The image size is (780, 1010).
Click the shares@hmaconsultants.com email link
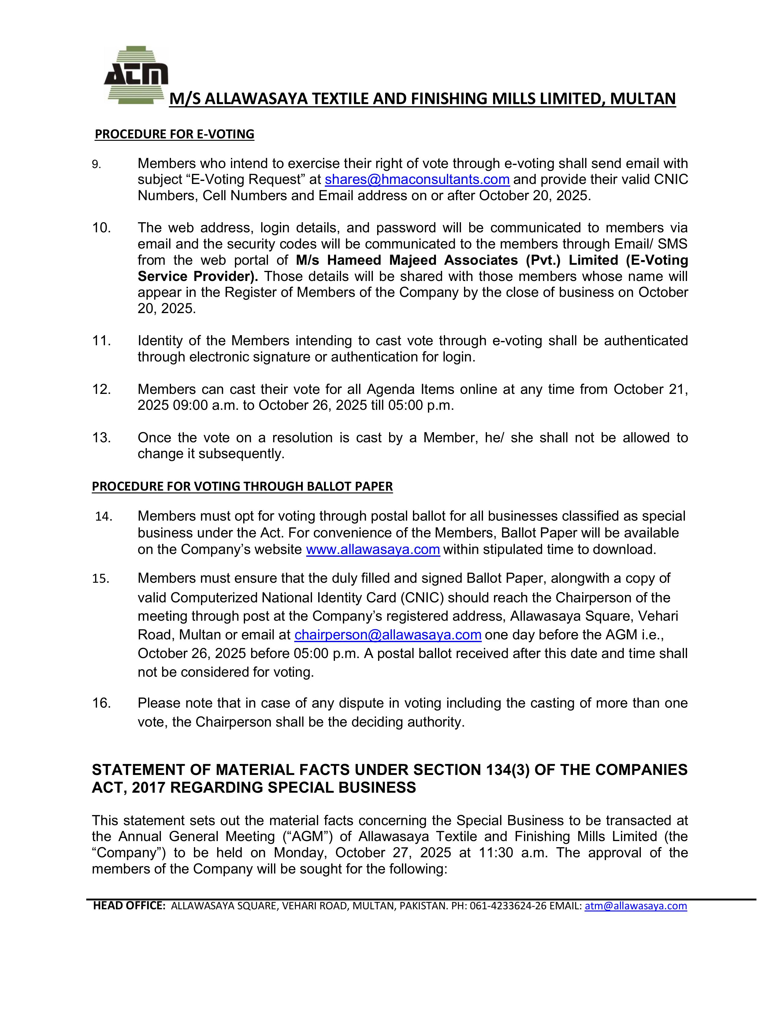(417, 179)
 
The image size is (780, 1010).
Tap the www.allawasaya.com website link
(373, 549)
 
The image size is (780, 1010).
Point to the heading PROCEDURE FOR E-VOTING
(174, 134)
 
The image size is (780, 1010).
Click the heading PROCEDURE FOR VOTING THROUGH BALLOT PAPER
(242, 487)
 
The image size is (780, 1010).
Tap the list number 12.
(102, 389)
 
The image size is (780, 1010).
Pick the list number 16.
(102, 703)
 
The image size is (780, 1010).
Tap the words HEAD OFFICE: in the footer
(129, 906)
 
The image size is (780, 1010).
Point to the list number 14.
(104, 517)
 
